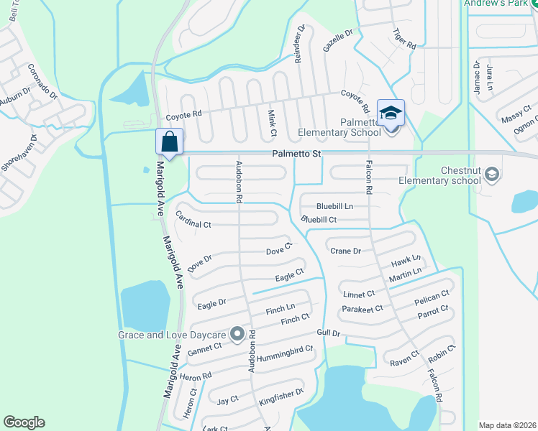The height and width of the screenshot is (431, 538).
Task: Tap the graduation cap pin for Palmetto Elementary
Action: coord(391,113)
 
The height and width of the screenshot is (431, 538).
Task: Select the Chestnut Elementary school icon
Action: coord(492,174)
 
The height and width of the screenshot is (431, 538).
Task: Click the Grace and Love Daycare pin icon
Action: coord(237,333)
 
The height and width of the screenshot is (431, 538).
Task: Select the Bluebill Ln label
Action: coord(334,206)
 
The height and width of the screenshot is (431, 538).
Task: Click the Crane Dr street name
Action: coord(345,251)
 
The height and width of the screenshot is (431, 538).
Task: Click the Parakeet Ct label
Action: coord(363,309)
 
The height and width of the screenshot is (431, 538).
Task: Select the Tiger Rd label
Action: coord(405,37)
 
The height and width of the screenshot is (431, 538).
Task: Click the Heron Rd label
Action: coord(196,376)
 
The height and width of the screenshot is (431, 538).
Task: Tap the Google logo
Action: coord(24,422)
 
